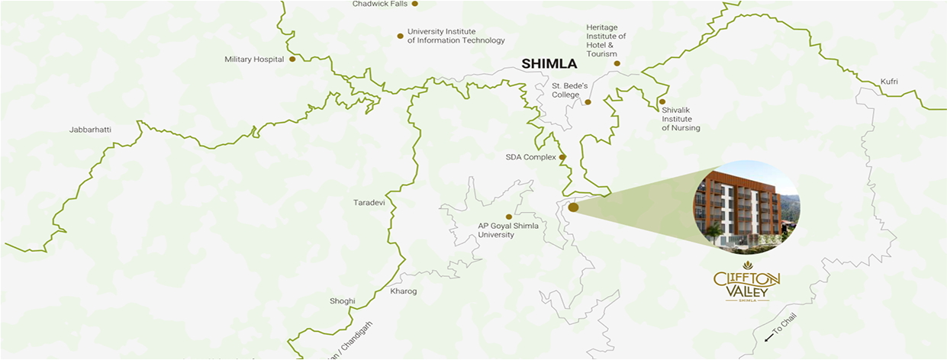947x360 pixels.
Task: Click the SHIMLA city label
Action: [549, 64]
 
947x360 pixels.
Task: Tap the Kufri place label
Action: [889, 81]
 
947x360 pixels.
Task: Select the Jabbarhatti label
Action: [90, 130]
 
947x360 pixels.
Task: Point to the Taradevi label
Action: [369, 203]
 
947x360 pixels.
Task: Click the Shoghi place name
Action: [342, 301]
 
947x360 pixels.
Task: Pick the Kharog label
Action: [403, 291]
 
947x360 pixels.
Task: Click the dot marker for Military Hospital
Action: [292, 59]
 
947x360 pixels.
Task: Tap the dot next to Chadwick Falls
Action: [415, 4]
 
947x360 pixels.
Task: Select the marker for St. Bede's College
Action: [588, 101]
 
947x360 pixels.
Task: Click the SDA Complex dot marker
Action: [562, 157]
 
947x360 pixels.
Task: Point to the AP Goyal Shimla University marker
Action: [509, 217]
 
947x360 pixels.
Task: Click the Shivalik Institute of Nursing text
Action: [681, 119]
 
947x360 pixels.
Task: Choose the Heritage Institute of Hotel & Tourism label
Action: [606, 40]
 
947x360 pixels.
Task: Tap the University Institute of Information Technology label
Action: [456, 36]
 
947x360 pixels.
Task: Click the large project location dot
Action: [573, 207]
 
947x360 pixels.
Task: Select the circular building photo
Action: [746, 206]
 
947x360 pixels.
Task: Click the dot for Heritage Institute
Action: [617, 63]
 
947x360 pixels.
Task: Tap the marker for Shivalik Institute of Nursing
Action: [662, 101]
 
